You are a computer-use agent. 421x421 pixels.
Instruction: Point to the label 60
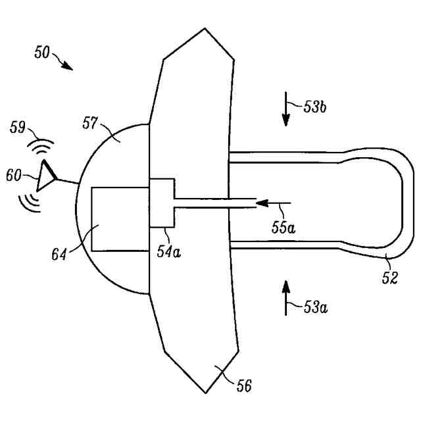pos(14,176)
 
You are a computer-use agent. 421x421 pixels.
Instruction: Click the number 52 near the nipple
pos(389,277)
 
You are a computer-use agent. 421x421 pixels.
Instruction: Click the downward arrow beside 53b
pos(286,109)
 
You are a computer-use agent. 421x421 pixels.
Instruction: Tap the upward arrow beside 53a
pos(286,295)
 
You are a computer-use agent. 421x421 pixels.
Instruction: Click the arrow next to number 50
pos(66,63)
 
